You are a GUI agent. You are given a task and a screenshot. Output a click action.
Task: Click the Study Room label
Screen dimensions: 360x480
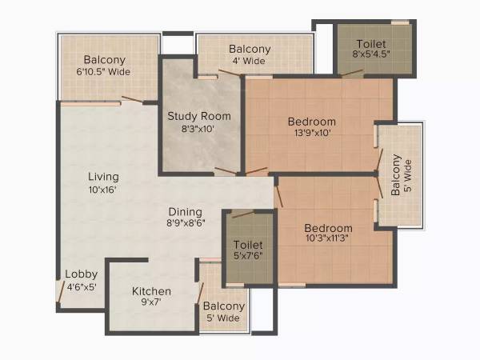[199, 116]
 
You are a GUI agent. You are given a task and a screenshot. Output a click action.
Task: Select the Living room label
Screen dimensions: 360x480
[104, 177]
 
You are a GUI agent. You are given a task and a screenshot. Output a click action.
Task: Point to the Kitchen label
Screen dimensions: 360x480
[151, 291]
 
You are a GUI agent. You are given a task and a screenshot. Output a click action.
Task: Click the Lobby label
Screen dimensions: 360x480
[81, 274]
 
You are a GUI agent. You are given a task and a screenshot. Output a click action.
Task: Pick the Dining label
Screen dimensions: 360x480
[184, 212]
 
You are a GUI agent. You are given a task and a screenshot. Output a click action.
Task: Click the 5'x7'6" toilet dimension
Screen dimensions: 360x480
[248, 257]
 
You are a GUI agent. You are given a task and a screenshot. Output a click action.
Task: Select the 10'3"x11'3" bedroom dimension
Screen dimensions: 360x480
[328, 238]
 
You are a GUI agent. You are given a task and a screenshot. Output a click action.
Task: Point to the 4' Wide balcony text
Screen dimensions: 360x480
[249, 61]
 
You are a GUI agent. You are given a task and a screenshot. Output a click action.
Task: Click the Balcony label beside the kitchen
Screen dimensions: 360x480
[223, 306]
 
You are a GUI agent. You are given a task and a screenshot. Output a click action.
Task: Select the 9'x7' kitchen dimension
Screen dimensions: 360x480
[152, 303]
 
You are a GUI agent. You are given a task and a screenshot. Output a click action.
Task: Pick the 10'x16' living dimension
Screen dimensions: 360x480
[104, 190]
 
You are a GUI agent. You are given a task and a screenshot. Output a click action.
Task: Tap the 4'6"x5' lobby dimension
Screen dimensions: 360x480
[81, 286]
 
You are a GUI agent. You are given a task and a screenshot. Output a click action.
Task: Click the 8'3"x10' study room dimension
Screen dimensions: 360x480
[198, 129]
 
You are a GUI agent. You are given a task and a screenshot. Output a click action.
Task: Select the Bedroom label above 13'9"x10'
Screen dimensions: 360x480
[311, 122]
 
